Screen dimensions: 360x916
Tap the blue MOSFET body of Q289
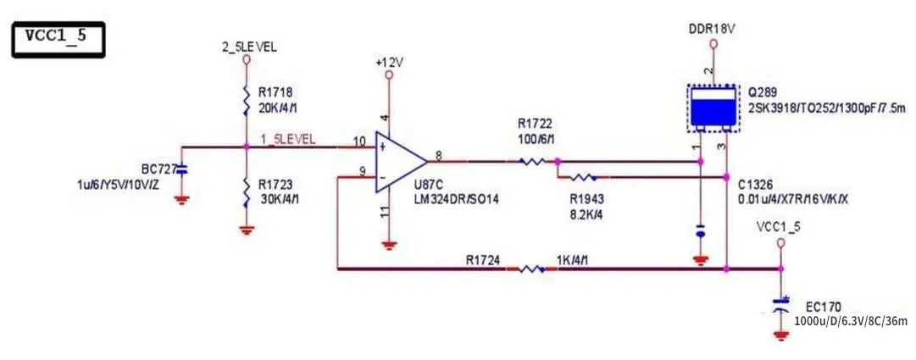tap(713, 108)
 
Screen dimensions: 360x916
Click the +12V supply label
tap(389, 63)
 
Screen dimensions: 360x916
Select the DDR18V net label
tap(712, 29)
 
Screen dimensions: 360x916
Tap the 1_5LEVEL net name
tap(289, 139)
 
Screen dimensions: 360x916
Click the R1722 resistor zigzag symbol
tap(534, 160)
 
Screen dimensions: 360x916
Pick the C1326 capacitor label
tap(757, 185)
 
